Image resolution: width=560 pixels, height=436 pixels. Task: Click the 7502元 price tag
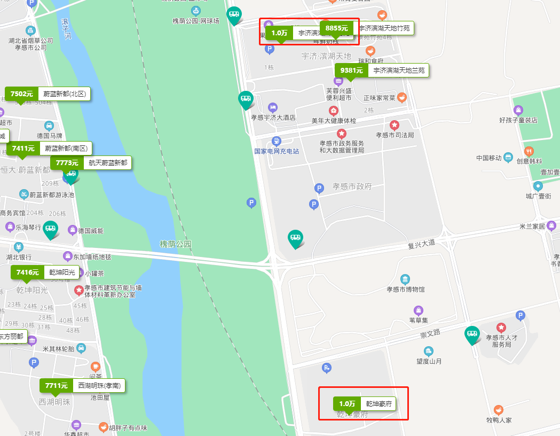pos(22,94)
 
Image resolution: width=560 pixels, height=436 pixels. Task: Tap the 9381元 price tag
pos(351,71)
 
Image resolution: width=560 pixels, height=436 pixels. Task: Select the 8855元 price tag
pos(336,28)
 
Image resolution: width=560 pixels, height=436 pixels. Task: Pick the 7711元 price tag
pos(56,385)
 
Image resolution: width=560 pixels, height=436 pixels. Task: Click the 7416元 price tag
pos(28,272)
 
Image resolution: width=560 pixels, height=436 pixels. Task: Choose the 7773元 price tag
pos(67,162)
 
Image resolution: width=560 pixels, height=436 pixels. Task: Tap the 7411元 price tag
pos(23,148)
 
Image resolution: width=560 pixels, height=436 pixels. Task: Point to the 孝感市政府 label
pos(352,186)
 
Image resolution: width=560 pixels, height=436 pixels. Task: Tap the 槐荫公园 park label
pos(175,244)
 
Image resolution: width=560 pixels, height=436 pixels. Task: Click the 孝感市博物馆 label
pos(405,290)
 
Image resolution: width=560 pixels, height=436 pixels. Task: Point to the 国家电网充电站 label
pos(277,151)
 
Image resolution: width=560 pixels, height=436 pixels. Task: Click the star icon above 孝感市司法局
pos(394,126)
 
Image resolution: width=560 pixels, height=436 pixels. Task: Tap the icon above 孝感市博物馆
pos(405,279)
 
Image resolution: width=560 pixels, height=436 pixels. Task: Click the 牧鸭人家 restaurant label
pos(499,420)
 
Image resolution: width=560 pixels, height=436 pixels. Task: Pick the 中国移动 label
pos(488,158)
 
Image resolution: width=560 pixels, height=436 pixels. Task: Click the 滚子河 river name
pos(66,30)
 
